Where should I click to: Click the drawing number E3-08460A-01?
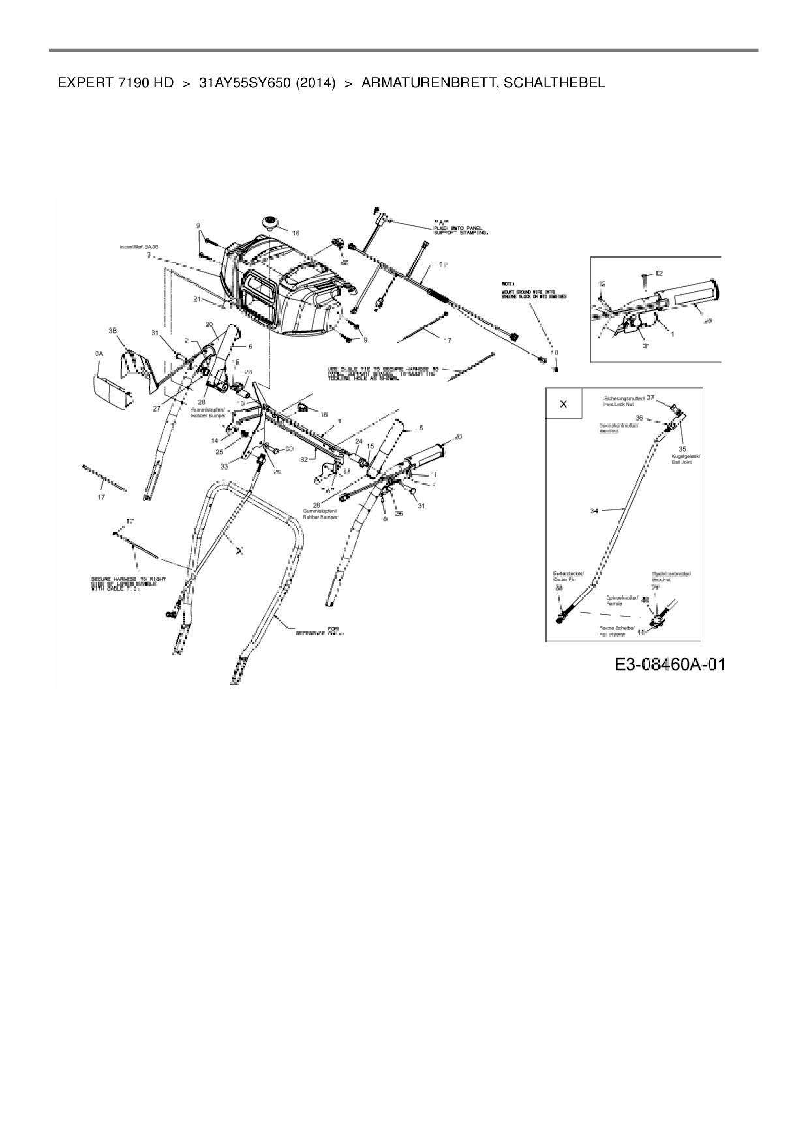tap(669, 665)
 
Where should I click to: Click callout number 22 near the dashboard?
tap(344, 262)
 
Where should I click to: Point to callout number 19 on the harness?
tap(442, 264)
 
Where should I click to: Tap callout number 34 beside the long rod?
tap(594, 511)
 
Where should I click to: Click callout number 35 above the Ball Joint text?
tap(682, 449)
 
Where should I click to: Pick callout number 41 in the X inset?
tap(641, 632)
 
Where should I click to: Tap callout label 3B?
tap(113, 331)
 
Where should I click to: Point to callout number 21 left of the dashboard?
tap(196, 299)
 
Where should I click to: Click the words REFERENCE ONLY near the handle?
tap(319, 631)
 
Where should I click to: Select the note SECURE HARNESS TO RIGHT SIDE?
tap(128, 583)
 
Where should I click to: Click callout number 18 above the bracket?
tap(324, 414)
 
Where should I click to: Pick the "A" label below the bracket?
tap(326, 489)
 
